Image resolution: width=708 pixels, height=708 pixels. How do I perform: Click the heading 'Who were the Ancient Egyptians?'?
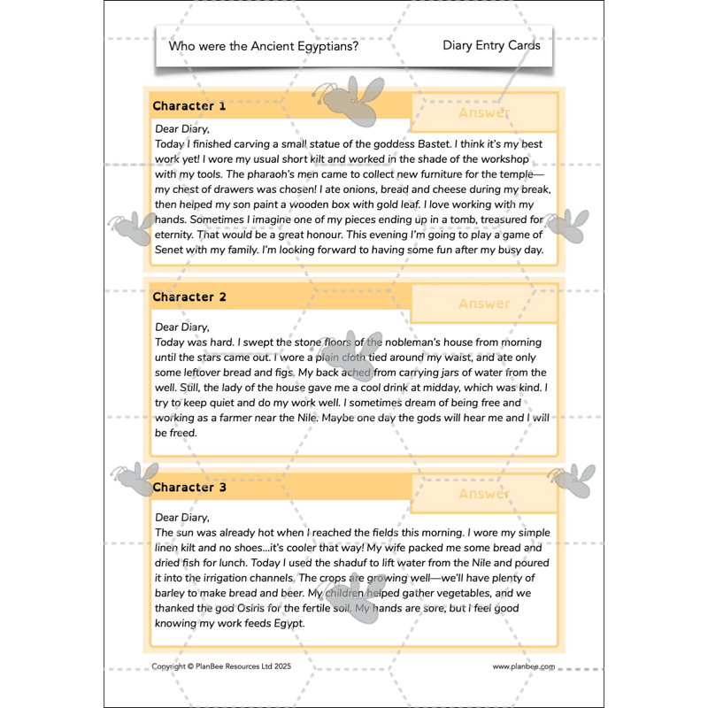(264, 46)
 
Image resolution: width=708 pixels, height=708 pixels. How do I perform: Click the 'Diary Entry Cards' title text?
(491, 46)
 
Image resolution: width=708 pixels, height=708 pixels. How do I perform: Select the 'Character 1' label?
(189, 106)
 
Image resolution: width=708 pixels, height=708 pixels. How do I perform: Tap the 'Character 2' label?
(189, 297)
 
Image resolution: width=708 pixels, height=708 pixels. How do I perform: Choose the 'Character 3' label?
(189, 488)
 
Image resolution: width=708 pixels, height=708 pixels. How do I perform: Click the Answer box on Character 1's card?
(484, 113)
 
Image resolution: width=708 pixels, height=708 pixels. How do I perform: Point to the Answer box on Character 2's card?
(484, 304)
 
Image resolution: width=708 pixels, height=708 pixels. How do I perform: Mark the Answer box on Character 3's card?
(484, 494)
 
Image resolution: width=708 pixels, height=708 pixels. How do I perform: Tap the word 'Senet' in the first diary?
(170, 250)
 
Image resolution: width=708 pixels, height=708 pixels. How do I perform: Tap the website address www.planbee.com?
(524, 666)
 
